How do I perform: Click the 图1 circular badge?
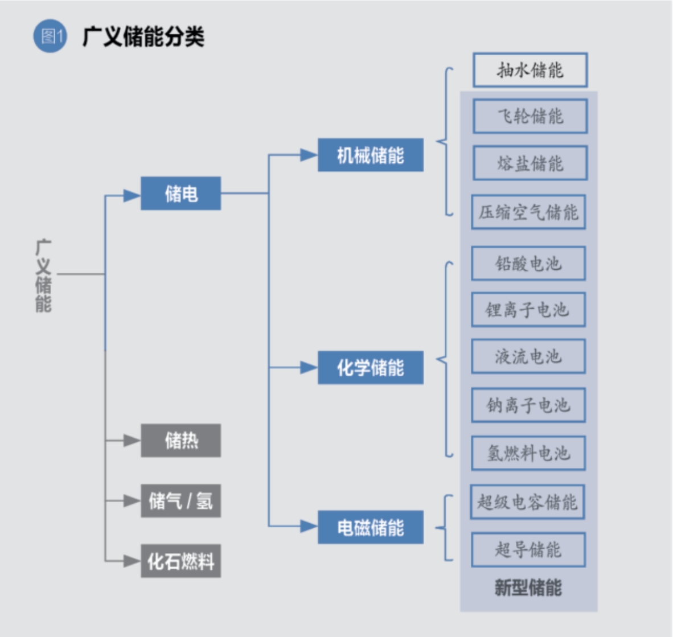coord(50,36)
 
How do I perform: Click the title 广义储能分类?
coord(143,36)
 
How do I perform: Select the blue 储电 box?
coord(180,194)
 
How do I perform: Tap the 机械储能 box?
coord(370,155)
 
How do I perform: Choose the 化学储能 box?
coord(370,368)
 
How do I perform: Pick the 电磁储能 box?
coord(370,527)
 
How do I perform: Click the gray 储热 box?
coord(180,440)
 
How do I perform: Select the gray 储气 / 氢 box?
coord(180,501)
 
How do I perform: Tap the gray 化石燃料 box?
coord(180,561)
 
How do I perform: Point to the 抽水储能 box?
coord(530,70)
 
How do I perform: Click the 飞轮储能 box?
coord(530,116)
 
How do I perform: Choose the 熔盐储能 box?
coord(530,163)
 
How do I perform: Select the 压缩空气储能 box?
coord(528,212)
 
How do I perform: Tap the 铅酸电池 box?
coord(528,264)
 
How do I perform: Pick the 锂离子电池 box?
coord(528,310)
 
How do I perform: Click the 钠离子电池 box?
coord(528,405)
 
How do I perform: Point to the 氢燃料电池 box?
coord(528,453)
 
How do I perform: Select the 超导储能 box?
coord(528,550)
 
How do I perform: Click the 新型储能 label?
coord(528,587)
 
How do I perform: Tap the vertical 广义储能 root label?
coord(43,276)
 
